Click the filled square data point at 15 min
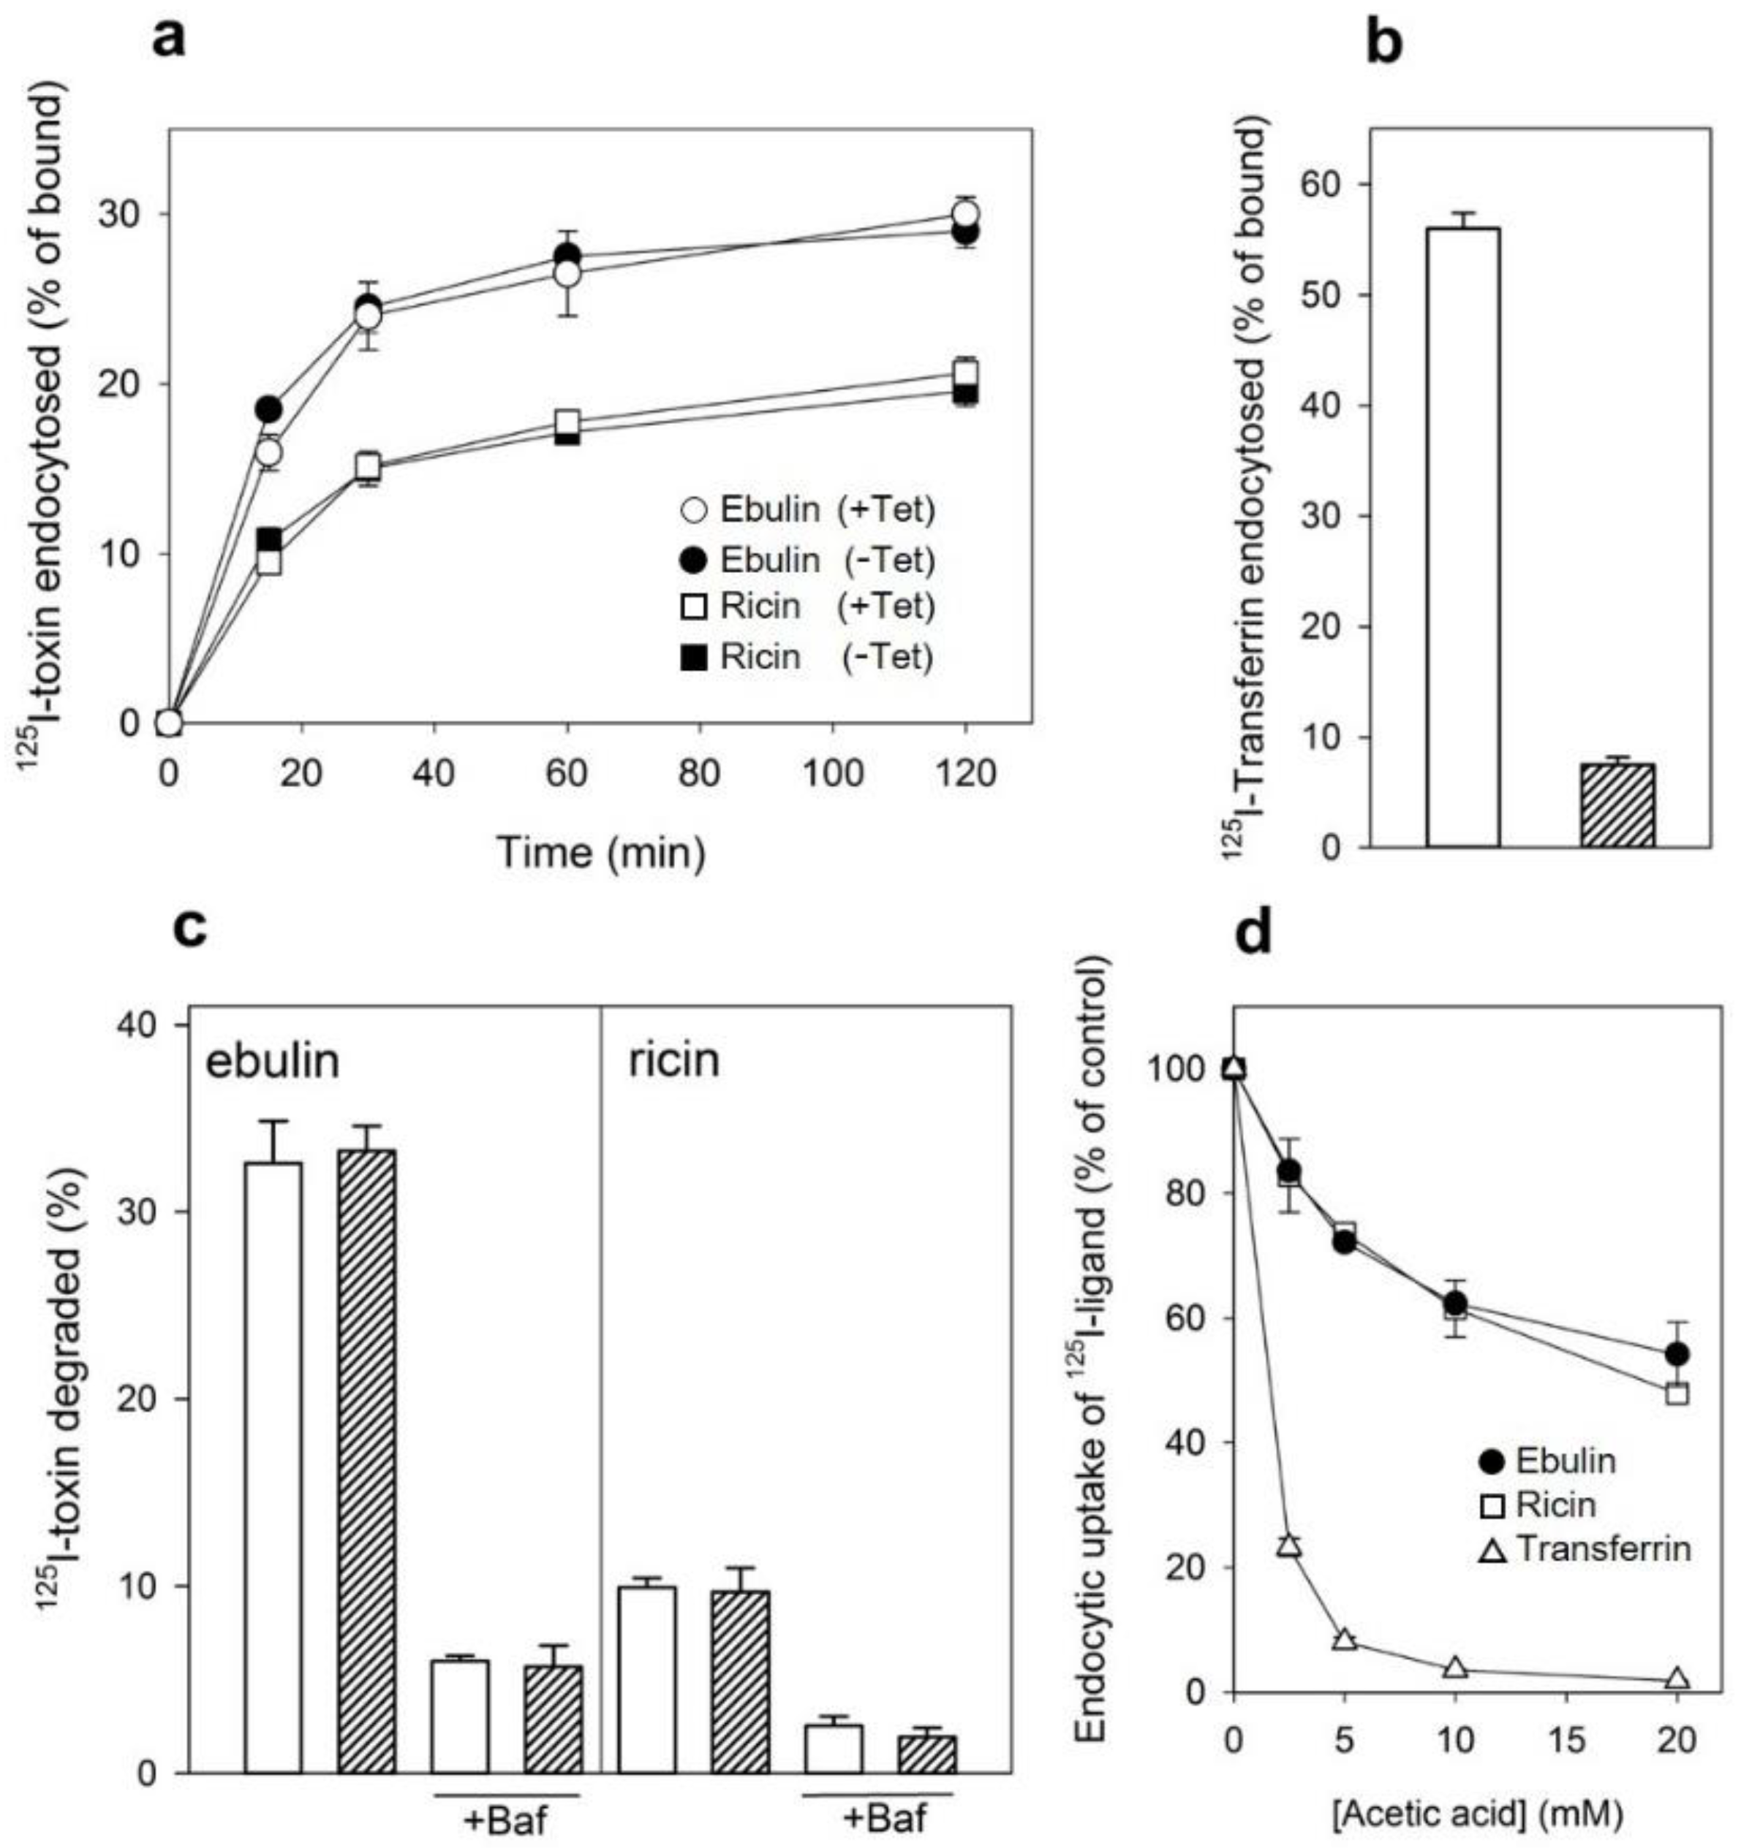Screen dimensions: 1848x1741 (x=269, y=540)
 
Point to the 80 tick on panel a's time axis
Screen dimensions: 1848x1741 (x=699, y=773)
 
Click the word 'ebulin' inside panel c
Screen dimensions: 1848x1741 (x=273, y=1062)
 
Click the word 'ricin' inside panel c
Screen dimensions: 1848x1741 (x=673, y=1061)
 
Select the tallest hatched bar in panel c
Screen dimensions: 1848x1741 (x=367, y=1320)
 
